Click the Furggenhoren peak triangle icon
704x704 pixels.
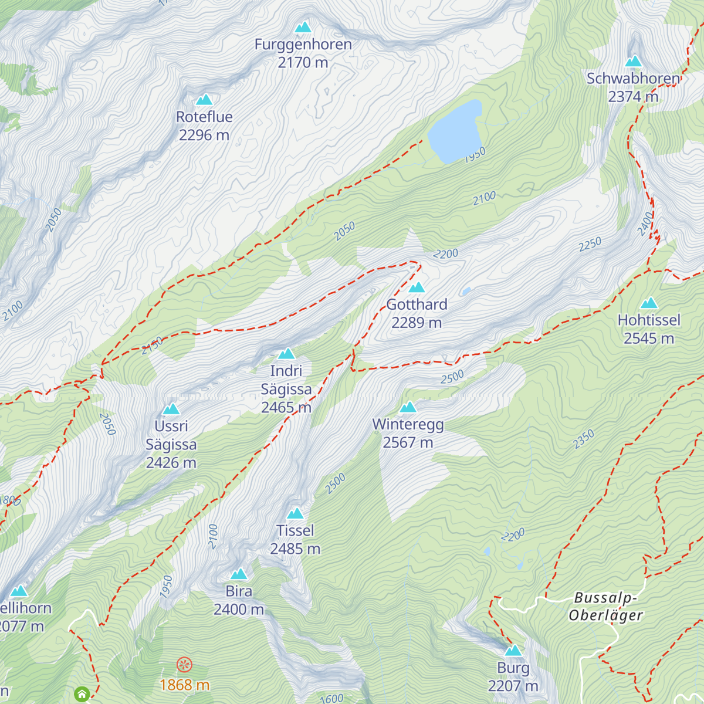(x=303, y=27)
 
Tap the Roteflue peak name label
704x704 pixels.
(x=204, y=117)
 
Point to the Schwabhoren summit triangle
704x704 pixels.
(x=633, y=62)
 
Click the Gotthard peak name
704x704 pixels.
(x=417, y=304)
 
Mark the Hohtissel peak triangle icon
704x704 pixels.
(x=649, y=303)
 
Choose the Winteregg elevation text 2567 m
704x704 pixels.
(x=408, y=443)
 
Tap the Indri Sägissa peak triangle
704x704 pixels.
(x=286, y=354)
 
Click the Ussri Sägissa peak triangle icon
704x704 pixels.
(x=171, y=409)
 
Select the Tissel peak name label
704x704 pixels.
(x=295, y=530)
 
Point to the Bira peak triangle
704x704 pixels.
(x=239, y=574)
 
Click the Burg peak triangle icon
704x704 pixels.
(x=513, y=651)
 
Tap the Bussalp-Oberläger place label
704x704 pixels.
(x=605, y=607)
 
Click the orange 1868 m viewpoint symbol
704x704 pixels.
(x=184, y=665)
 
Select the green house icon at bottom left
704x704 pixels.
(x=82, y=695)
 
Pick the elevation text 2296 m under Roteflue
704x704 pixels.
(x=204, y=135)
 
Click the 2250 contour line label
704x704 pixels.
(x=590, y=244)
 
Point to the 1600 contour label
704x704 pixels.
(x=332, y=698)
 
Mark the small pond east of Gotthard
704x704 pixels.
(x=466, y=291)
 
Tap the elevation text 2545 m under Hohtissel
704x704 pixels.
(x=649, y=339)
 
